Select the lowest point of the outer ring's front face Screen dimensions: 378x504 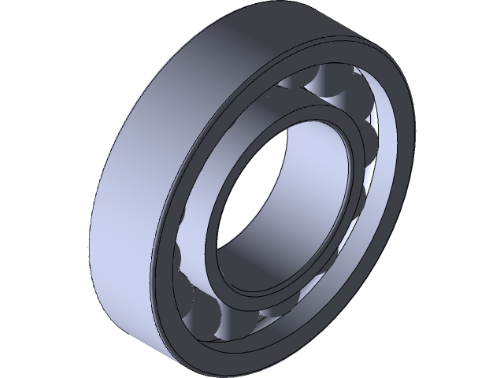197,361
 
